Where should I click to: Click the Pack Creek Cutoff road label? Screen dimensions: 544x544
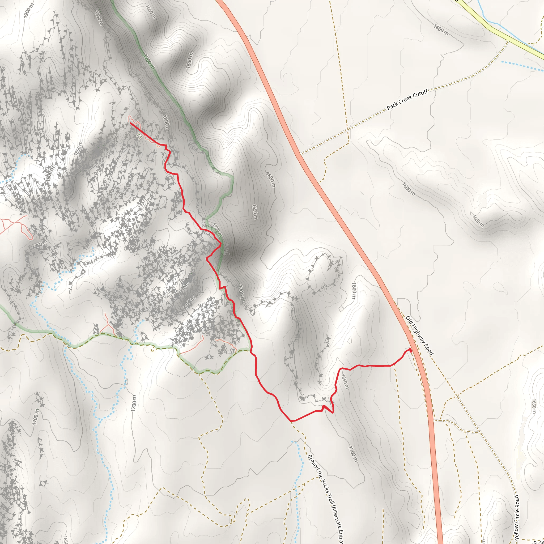click(407, 100)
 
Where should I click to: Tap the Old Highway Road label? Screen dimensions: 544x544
click(419, 336)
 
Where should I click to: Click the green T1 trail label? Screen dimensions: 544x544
click(139, 137)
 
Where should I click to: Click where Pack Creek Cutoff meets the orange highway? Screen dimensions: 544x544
click(300, 154)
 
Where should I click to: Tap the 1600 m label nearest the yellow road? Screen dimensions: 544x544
click(441, 30)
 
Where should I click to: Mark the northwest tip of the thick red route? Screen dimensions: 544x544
click(130, 123)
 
